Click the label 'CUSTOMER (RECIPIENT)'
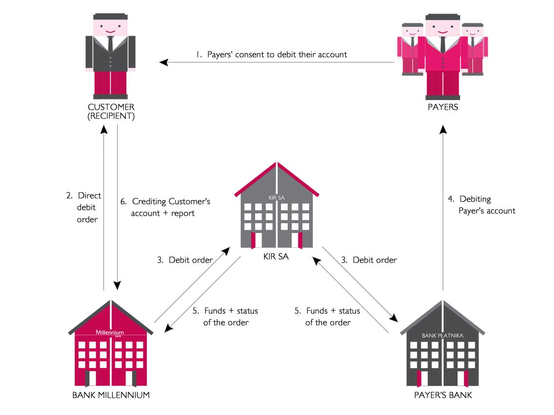point(111,112)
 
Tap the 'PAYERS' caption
point(443,107)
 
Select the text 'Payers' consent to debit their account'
point(277,55)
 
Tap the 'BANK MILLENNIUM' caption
point(111,395)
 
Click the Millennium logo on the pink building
point(110,332)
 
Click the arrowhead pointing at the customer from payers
point(164,62)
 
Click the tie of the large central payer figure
point(443,44)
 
